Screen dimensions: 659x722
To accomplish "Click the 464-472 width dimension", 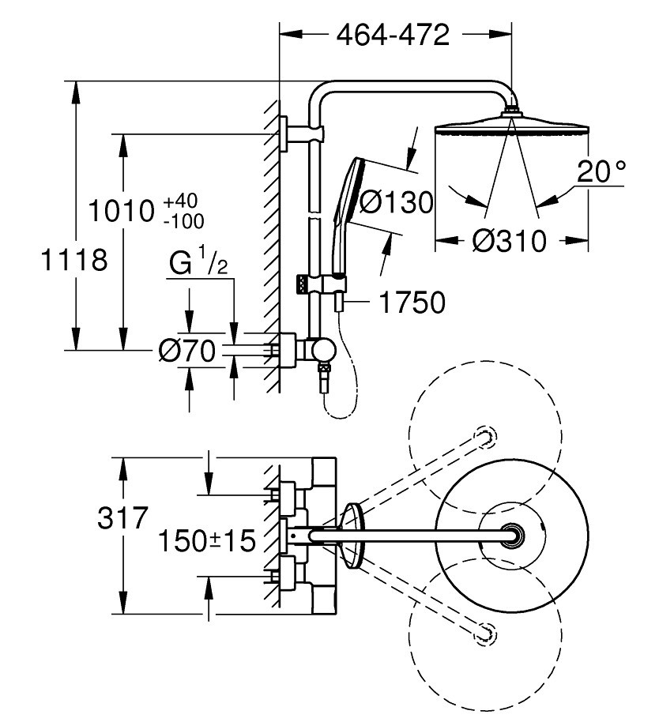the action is (x=393, y=35).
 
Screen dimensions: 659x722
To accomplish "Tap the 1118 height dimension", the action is (x=74, y=259).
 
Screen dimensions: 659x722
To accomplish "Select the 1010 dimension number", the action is (x=121, y=211).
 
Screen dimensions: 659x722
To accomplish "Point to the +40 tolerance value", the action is (x=181, y=201).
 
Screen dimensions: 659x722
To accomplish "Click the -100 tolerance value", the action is (x=184, y=221).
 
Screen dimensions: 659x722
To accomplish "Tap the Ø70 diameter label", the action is (x=187, y=351).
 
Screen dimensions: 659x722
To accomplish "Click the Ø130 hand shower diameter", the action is (x=397, y=202).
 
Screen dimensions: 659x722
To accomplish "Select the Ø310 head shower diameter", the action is (x=510, y=240).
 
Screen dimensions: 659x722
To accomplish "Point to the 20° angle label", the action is (x=601, y=171).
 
